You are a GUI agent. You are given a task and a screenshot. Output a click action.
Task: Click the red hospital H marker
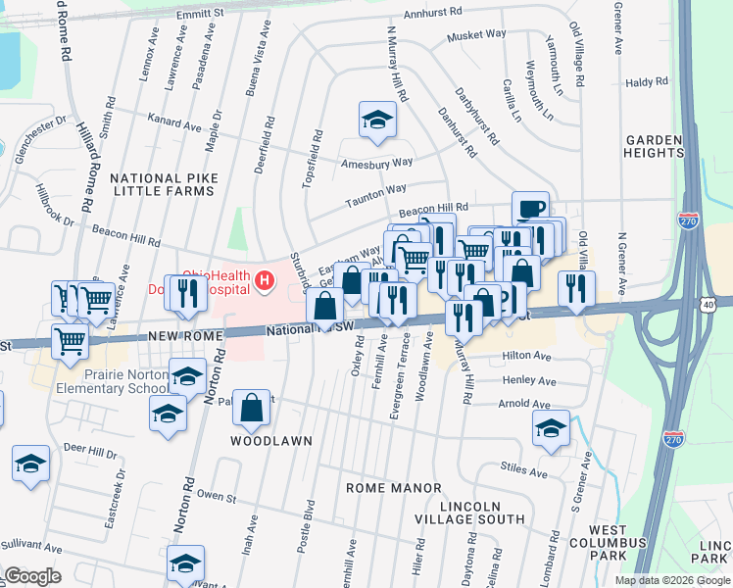tap(264, 282)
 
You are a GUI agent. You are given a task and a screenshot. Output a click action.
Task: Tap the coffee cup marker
tap(530, 209)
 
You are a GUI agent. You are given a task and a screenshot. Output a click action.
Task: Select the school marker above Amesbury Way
tap(377, 121)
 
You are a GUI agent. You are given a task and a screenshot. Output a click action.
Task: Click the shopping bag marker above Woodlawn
tap(252, 408)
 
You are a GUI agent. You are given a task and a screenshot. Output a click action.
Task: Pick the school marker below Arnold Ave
tap(552, 428)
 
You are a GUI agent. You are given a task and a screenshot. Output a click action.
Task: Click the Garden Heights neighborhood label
tap(654, 146)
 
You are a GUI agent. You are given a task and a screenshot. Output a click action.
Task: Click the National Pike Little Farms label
tap(162, 185)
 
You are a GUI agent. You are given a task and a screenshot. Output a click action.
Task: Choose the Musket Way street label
tap(476, 34)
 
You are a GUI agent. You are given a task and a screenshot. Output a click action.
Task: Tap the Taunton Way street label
tap(375, 196)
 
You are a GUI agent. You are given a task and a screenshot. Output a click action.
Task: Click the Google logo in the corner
tap(32, 576)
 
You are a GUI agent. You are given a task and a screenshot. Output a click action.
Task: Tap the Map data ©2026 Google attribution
tap(671, 580)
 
